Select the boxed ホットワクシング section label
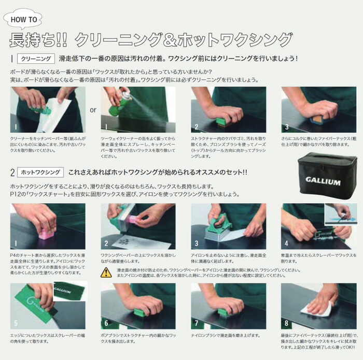[40, 172]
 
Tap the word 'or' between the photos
[93, 110]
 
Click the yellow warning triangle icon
[106, 272]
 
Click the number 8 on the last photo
[286, 323]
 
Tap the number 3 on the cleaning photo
[286, 126]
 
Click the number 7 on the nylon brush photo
[197, 323]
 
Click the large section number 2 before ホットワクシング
[12, 172]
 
